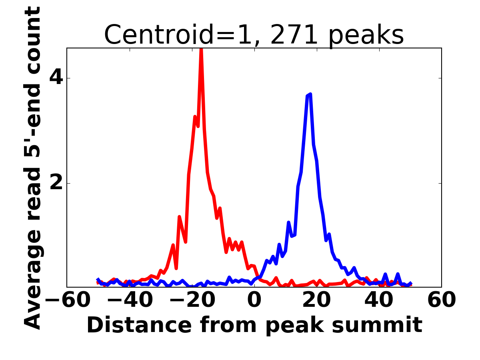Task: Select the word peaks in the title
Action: (368, 35)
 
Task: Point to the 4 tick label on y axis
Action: (56, 78)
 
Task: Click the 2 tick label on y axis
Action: (56, 184)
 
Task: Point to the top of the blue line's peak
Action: (310, 94)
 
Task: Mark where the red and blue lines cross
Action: (258, 276)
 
